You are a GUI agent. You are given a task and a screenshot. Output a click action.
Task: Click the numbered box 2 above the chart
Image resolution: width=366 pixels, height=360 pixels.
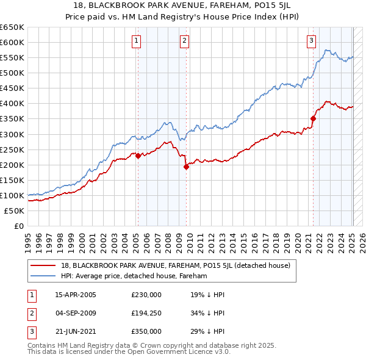coord(184,41)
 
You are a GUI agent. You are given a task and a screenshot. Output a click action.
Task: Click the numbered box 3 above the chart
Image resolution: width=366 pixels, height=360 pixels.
coord(311,41)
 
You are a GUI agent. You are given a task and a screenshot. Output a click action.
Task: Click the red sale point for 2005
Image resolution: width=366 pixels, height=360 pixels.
coord(138,156)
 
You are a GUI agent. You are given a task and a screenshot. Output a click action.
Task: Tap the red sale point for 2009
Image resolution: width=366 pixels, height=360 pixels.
coord(186,167)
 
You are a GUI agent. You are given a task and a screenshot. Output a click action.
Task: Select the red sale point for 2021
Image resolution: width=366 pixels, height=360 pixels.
coord(313,118)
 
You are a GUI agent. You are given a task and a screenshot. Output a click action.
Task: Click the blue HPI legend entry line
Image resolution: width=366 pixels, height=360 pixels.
coord(44,276)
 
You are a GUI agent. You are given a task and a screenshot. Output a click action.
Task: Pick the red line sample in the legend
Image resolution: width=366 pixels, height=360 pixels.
coord(44,265)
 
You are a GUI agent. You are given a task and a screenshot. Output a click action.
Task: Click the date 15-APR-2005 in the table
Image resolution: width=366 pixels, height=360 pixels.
coord(76,295)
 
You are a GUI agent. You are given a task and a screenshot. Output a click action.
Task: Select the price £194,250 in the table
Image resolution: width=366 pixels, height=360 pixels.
coord(146,313)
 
